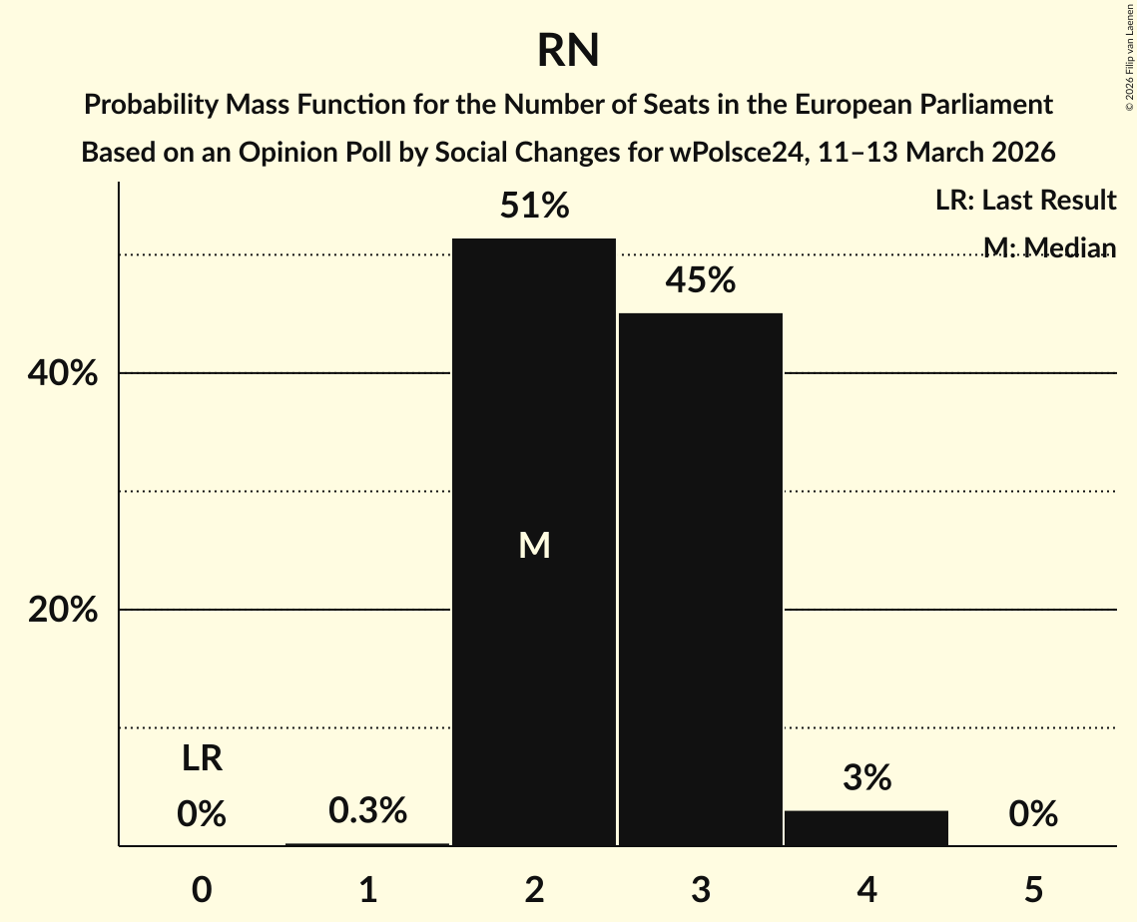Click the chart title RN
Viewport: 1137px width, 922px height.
point(568,51)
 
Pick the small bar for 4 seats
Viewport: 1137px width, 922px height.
point(866,828)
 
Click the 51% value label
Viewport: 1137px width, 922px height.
point(534,207)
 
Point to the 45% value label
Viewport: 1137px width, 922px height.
point(701,281)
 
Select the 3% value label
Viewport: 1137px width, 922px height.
point(866,778)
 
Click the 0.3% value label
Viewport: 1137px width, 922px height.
point(368,811)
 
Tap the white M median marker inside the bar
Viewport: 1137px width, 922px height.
point(534,545)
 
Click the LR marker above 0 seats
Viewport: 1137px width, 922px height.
point(202,759)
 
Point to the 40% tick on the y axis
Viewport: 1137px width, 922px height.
point(62,374)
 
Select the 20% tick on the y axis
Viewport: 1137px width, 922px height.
point(62,611)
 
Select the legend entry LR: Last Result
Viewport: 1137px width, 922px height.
point(1025,201)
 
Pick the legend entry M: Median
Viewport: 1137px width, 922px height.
point(1048,247)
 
